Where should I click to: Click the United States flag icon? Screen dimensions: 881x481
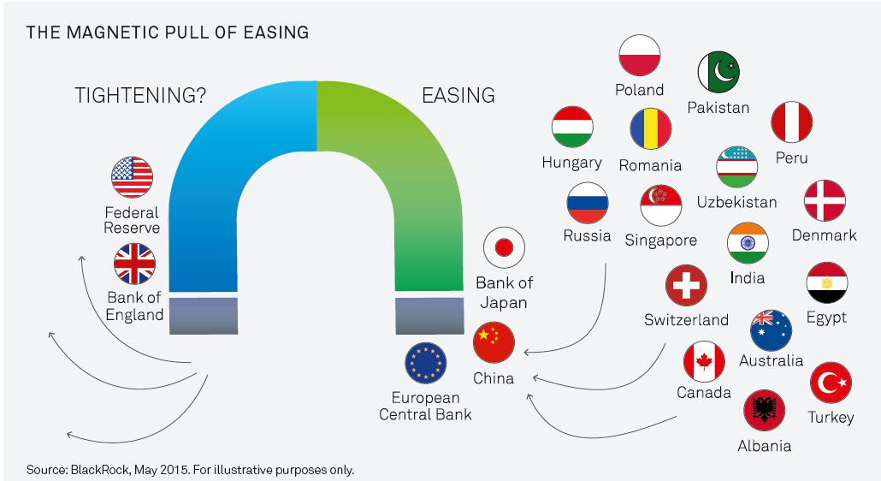point(132,177)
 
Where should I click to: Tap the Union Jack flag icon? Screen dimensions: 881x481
point(134,264)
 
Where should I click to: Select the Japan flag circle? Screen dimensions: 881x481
point(504,247)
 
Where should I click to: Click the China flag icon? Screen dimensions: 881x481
point(494,342)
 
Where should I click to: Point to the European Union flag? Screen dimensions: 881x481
point(425,363)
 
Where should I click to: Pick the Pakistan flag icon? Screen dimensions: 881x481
point(718,72)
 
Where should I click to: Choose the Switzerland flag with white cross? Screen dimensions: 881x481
point(686,286)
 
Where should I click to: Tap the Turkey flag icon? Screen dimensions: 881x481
point(831,383)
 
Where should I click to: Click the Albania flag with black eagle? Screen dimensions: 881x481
point(764,411)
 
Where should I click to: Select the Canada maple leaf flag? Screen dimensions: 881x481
point(704,361)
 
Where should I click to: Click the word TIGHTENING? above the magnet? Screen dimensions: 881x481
point(140,96)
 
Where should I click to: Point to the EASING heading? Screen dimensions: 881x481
point(458,96)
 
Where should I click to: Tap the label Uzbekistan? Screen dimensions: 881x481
point(736,202)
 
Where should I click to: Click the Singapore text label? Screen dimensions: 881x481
point(660,240)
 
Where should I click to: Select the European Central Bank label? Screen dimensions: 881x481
point(425,407)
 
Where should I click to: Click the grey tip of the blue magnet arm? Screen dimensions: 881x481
point(204,316)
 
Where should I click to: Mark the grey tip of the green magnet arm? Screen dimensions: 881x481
point(430,316)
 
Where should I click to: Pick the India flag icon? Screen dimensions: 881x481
point(748,243)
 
